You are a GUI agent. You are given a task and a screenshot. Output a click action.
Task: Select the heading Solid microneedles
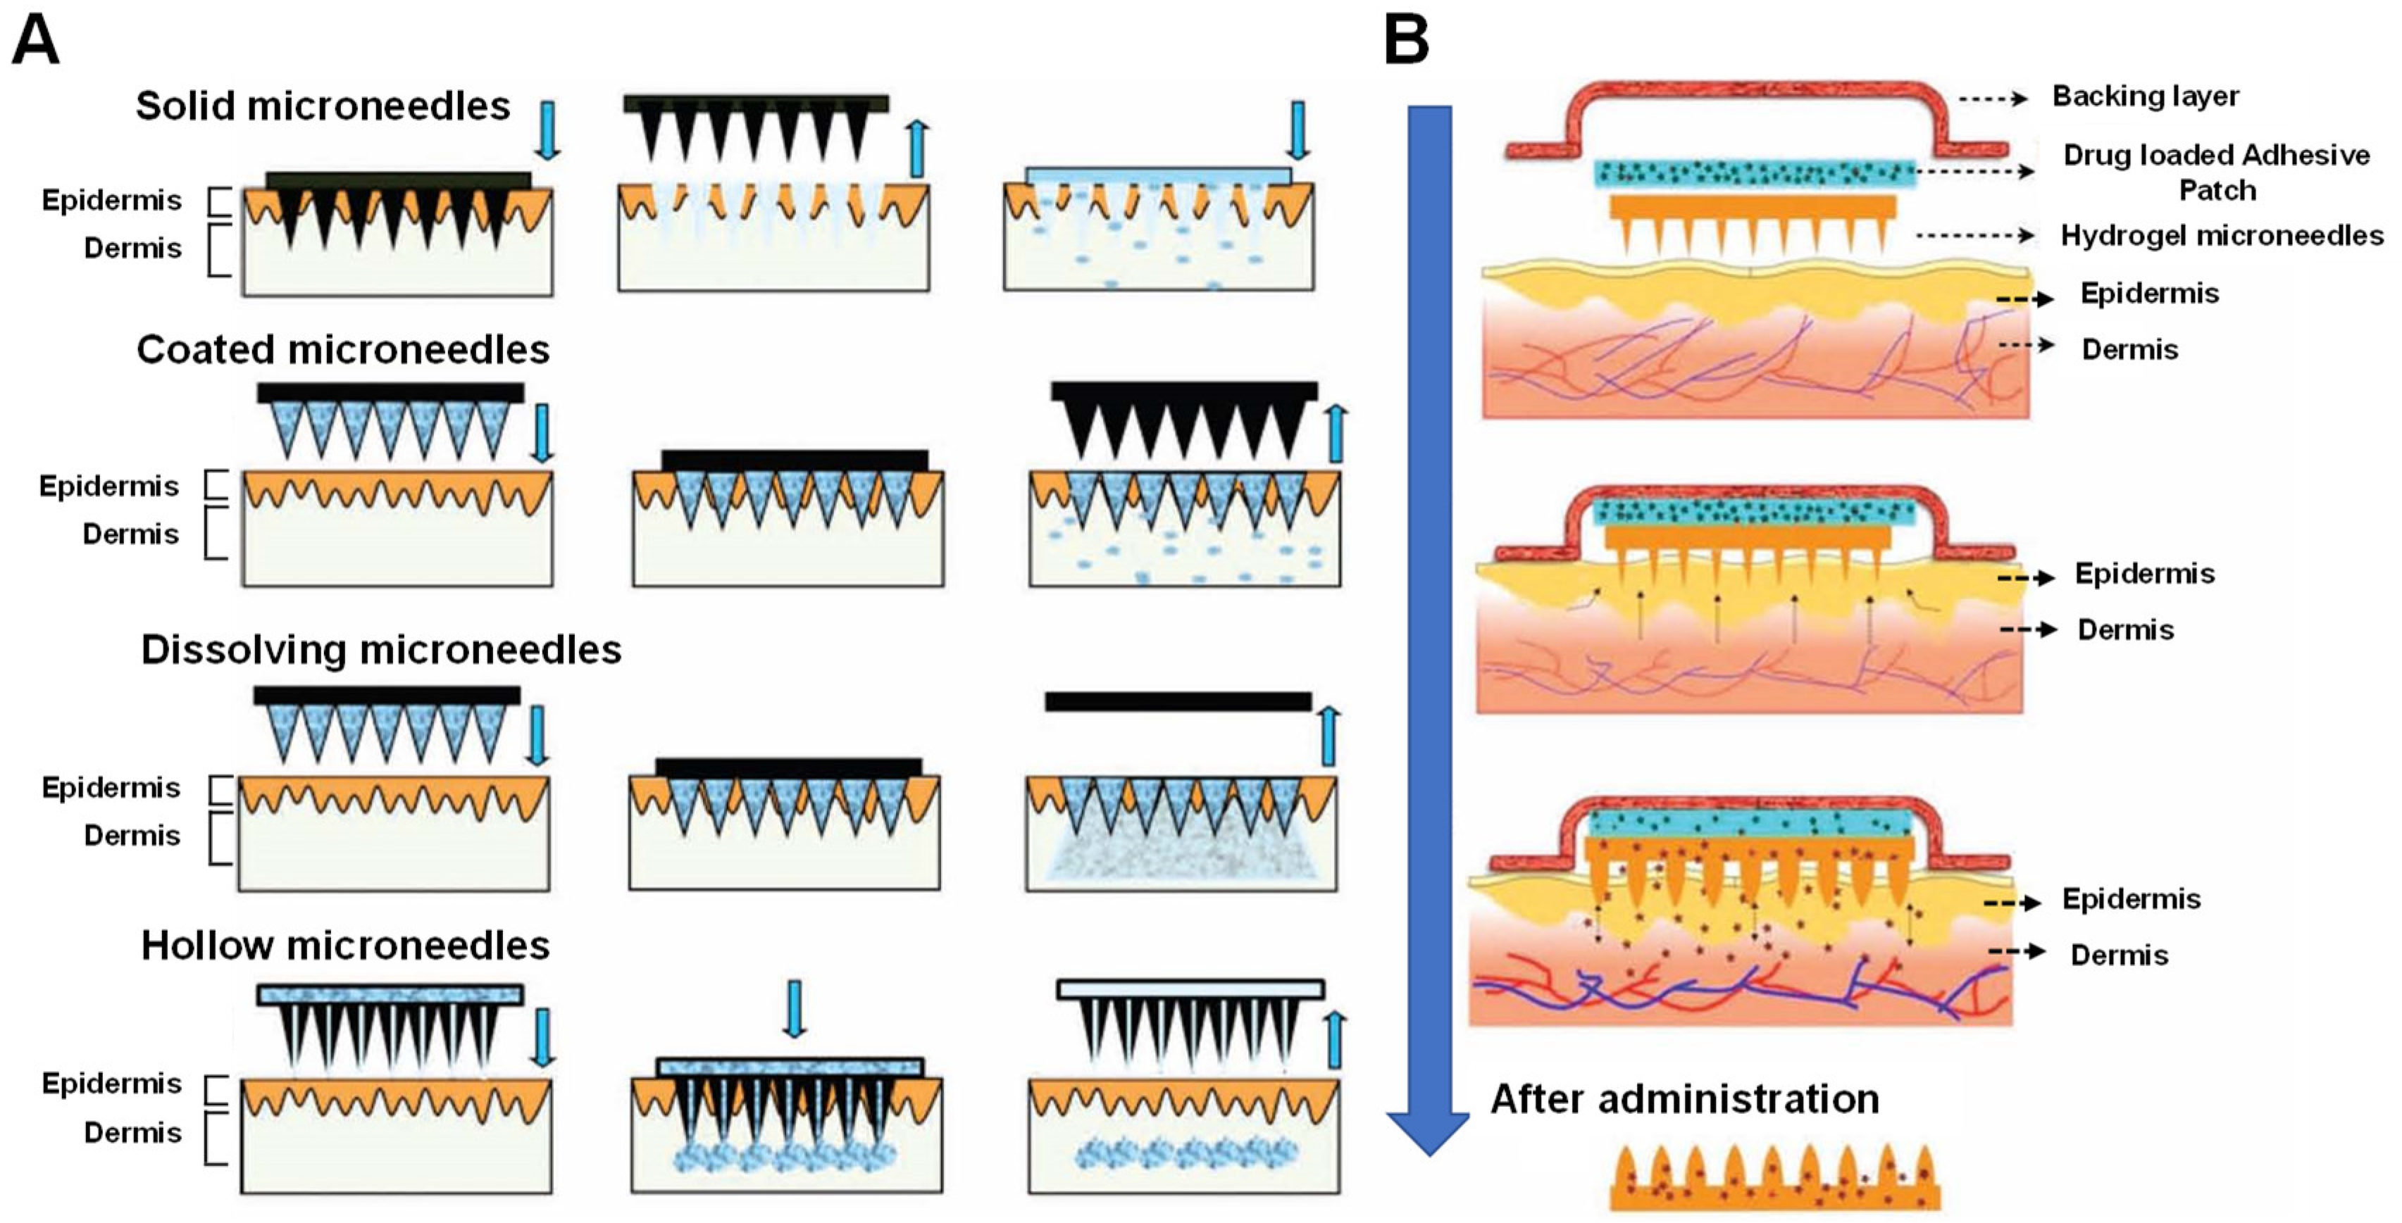coord(323,106)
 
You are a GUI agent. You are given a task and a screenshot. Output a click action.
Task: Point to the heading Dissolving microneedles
coord(380,650)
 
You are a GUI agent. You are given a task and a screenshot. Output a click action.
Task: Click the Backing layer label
coord(2145,96)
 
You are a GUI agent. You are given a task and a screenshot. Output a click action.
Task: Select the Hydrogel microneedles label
coord(2221,236)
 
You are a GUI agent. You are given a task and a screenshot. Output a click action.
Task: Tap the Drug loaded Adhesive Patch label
coord(2215,172)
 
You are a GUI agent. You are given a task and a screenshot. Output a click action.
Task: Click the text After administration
coord(1684,1098)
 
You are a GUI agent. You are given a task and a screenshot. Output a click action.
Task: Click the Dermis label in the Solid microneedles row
coord(132,248)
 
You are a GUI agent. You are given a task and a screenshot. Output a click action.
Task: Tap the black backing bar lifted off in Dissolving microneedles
coord(1178,701)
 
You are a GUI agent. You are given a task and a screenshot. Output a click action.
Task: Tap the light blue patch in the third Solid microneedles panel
coord(1158,176)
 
